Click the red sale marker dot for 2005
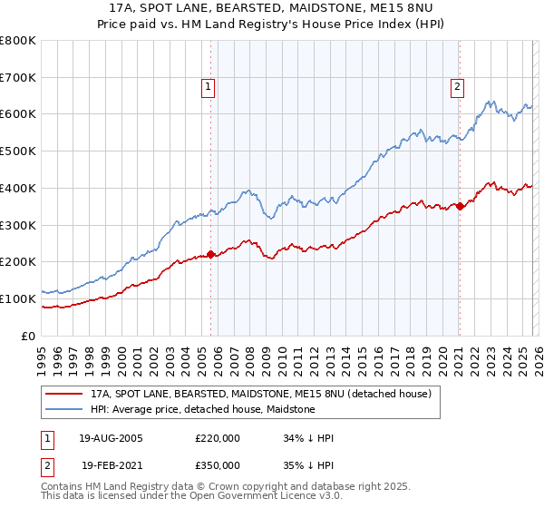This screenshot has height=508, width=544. pos(211,255)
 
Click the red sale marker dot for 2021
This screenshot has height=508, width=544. pos(460,206)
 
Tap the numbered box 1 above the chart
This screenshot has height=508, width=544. pos(208,87)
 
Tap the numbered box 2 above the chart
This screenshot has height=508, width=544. pos(456,87)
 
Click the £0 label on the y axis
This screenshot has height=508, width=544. pos(30,336)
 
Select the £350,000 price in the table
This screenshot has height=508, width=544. pos(218,464)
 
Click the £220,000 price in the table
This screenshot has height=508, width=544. pos(218,438)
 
